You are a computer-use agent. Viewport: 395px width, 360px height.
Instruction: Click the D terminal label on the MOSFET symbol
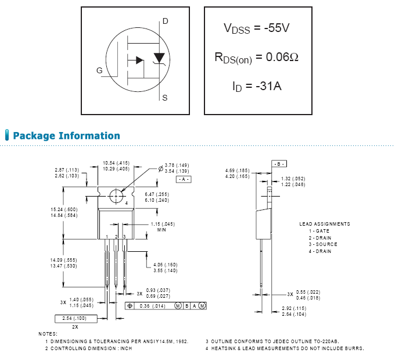[165, 22]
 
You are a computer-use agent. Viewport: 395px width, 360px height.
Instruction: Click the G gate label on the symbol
[100, 70]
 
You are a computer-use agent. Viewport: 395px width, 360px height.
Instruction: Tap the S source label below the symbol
[165, 98]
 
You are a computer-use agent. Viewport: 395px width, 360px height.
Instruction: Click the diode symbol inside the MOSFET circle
[159, 58]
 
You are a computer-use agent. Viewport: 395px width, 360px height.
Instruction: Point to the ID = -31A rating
[257, 87]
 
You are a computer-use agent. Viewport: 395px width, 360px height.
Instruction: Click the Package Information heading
[66, 136]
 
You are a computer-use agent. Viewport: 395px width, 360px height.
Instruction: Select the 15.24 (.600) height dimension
[63, 209]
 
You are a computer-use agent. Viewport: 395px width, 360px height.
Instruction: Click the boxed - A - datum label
[184, 180]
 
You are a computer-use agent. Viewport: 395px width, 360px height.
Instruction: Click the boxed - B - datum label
[279, 165]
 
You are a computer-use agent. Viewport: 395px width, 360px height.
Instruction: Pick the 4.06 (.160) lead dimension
[165, 265]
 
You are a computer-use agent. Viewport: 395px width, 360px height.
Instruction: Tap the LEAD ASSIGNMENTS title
[325, 224]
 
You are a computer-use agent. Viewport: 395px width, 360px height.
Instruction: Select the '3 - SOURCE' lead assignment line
[323, 244]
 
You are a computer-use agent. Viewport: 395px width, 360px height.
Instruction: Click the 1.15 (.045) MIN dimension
[163, 224]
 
